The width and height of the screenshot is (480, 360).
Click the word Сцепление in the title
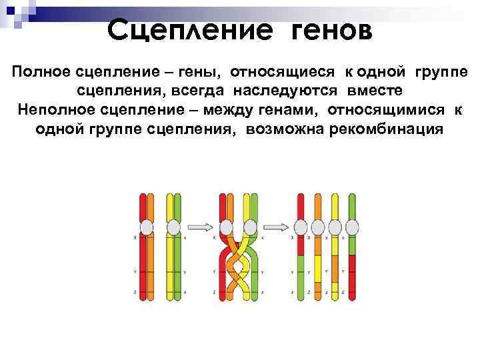[x=189, y=29]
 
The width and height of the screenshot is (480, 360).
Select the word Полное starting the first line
[x=38, y=71]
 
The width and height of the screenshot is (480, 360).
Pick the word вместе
[x=373, y=90]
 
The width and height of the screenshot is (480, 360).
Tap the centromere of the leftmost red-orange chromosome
[x=147, y=228]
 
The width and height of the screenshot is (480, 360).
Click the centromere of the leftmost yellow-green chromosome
[x=173, y=228]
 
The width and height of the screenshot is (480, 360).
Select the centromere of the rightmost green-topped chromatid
[x=353, y=227]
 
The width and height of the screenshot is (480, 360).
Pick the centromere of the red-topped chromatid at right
[x=301, y=227]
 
